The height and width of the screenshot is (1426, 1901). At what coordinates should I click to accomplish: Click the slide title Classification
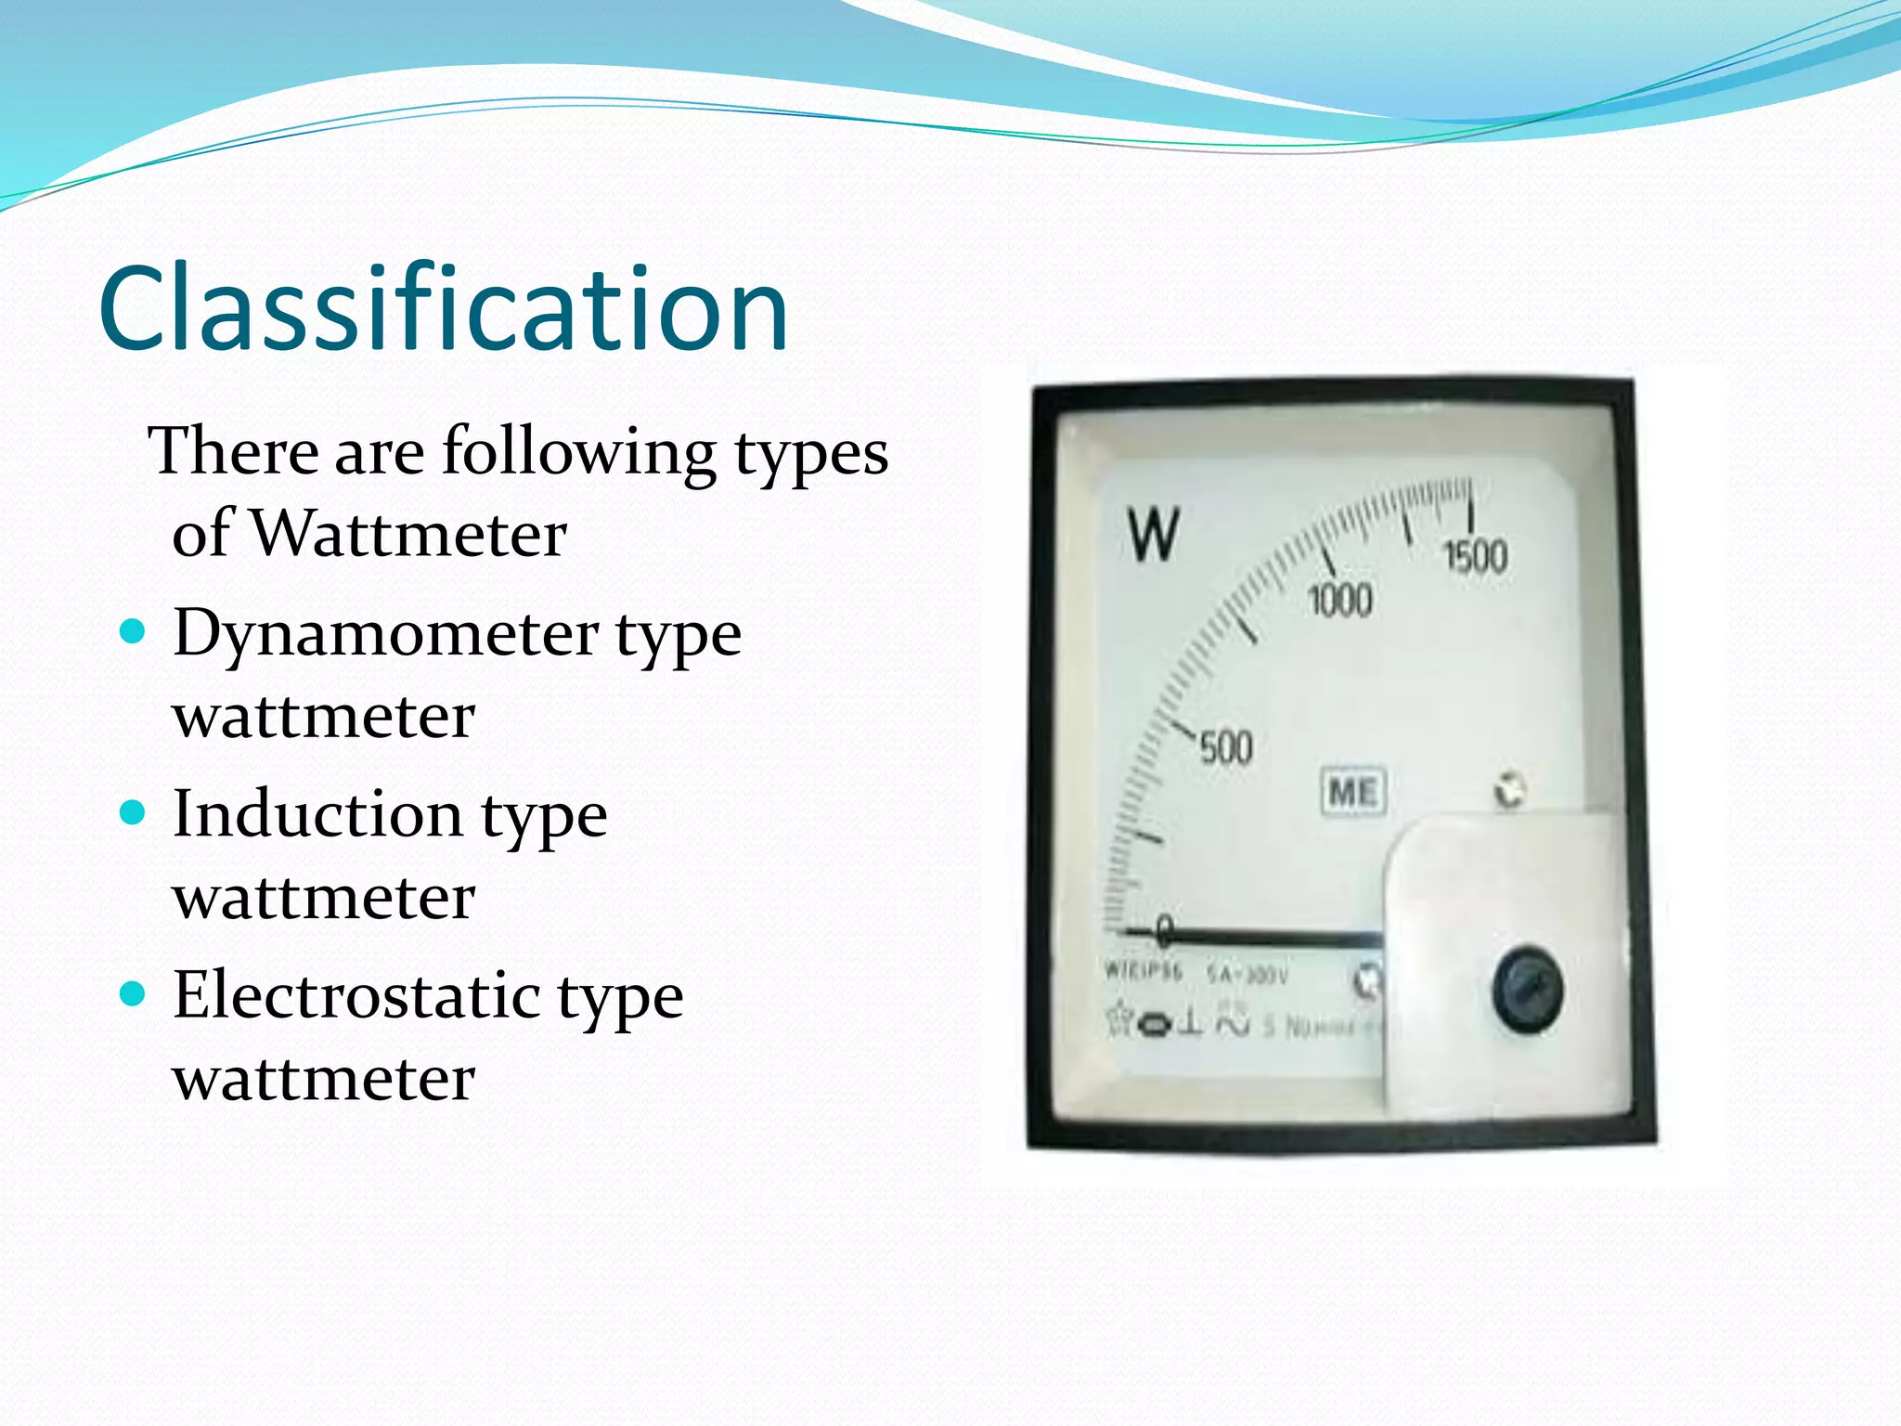(x=443, y=308)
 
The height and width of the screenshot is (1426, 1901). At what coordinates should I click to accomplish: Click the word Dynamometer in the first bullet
(x=385, y=633)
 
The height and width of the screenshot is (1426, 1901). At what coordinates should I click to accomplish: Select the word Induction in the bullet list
(x=317, y=814)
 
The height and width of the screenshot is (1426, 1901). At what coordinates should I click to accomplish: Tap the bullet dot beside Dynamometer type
(x=134, y=632)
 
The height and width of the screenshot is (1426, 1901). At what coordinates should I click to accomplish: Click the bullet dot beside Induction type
(x=134, y=813)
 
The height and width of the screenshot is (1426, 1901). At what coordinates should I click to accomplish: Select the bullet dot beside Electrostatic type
(x=134, y=994)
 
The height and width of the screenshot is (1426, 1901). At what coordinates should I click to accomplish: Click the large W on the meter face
(x=1154, y=535)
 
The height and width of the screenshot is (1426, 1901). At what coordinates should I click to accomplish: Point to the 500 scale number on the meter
(x=1225, y=748)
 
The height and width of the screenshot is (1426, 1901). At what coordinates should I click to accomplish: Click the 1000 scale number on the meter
(x=1339, y=601)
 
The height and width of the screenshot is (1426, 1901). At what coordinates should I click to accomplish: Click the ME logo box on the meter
(x=1353, y=793)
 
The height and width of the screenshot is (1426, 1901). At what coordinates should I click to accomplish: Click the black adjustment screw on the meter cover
(x=1527, y=989)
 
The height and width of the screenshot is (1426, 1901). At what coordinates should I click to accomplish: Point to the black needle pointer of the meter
(x=1272, y=938)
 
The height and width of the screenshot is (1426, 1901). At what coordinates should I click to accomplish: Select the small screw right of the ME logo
(x=1509, y=791)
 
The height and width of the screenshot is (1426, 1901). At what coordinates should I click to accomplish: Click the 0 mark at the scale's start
(x=1164, y=928)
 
